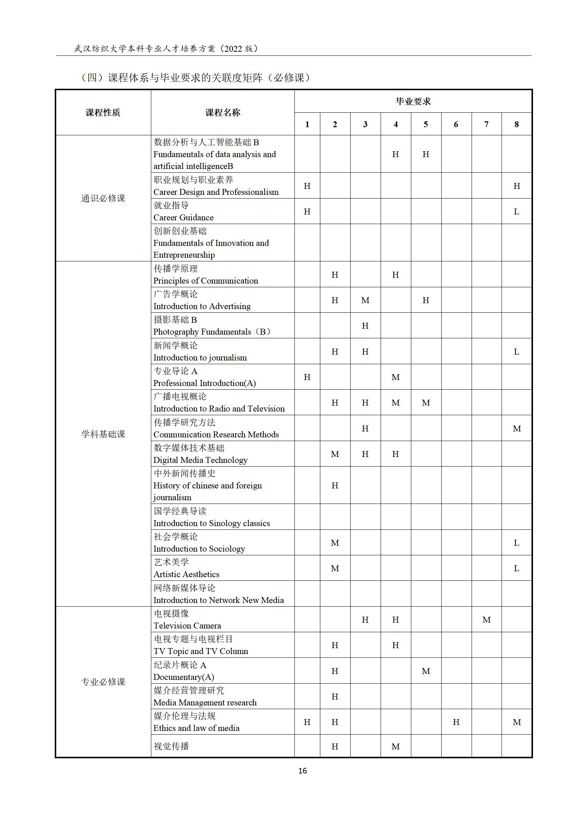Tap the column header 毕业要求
click(x=413, y=101)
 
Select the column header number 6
click(x=456, y=125)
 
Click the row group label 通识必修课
click(x=103, y=199)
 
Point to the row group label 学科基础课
click(x=103, y=434)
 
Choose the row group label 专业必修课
click(x=103, y=682)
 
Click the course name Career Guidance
click(x=183, y=217)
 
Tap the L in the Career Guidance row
click(x=516, y=211)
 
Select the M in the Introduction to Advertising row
click(x=365, y=300)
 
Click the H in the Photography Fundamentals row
click(x=365, y=326)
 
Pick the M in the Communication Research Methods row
click(x=516, y=428)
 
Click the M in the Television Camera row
click(x=486, y=620)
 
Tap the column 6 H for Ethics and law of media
click(x=456, y=722)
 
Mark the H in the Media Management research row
click(x=335, y=697)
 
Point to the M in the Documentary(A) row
click(x=426, y=671)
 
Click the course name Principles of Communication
click(x=206, y=281)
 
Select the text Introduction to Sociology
click(x=199, y=549)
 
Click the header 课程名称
click(x=223, y=112)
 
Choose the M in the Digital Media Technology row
click(x=335, y=454)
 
